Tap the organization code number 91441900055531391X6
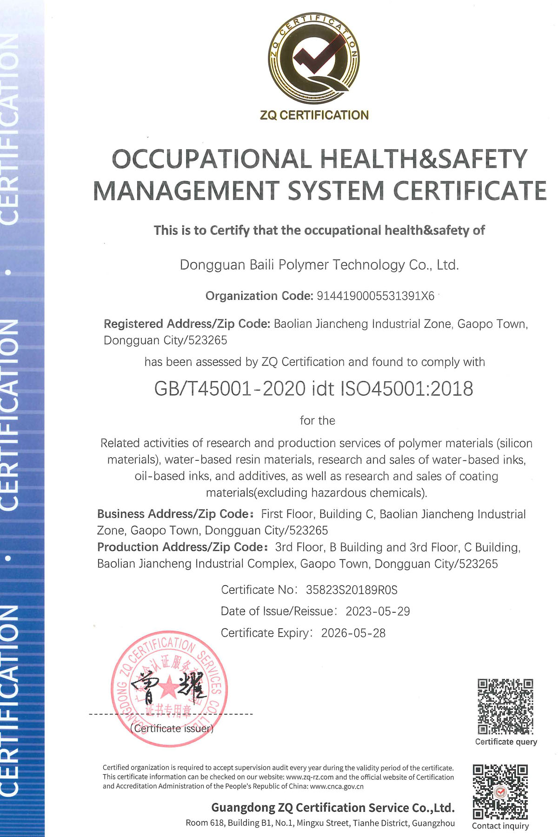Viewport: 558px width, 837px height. pyautogui.click(x=375, y=296)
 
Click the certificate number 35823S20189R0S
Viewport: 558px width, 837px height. pyautogui.click(x=352, y=590)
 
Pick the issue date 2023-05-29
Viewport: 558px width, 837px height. pyautogui.click(x=378, y=611)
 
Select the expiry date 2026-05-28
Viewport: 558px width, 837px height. pyautogui.click(x=353, y=633)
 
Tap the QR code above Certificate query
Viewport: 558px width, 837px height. pyautogui.click(x=505, y=707)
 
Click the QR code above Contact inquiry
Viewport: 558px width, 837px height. pyautogui.click(x=500, y=792)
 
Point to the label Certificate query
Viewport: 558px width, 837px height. pyautogui.click(x=506, y=742)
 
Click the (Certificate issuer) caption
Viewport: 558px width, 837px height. pyautogui.click(x=172, y=729)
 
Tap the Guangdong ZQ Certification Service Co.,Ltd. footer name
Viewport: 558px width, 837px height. pyautogui.click(x=333, y=807)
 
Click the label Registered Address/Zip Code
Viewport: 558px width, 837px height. pyautogui.click(x=186, y=324)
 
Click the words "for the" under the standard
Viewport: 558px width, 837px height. pyautogui.click(x=318, y=420)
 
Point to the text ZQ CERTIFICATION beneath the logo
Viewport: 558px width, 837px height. pyautogui.click(x=314, y=115)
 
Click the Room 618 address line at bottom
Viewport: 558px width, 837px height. pyautogui.click(x=320, y=823)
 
